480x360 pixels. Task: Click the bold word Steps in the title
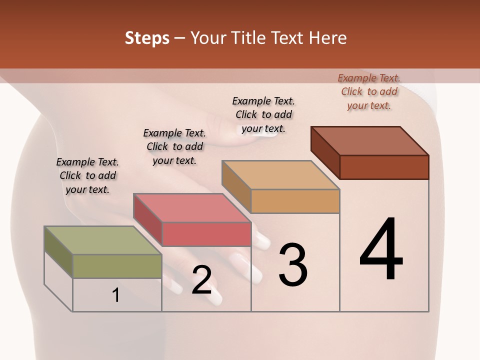147,38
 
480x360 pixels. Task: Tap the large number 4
381,250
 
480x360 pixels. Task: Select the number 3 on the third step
293,265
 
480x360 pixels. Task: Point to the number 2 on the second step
201,280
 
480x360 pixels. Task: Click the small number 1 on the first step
116,295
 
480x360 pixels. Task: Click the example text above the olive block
87,175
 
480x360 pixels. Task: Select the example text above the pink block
174,146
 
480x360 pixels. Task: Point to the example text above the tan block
263,114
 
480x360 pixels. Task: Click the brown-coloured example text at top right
369,91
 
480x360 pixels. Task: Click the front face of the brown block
384,167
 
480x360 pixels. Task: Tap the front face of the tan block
295,201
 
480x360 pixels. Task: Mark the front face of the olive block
117,266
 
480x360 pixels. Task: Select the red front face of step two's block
206,234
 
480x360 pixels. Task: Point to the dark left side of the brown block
325,150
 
